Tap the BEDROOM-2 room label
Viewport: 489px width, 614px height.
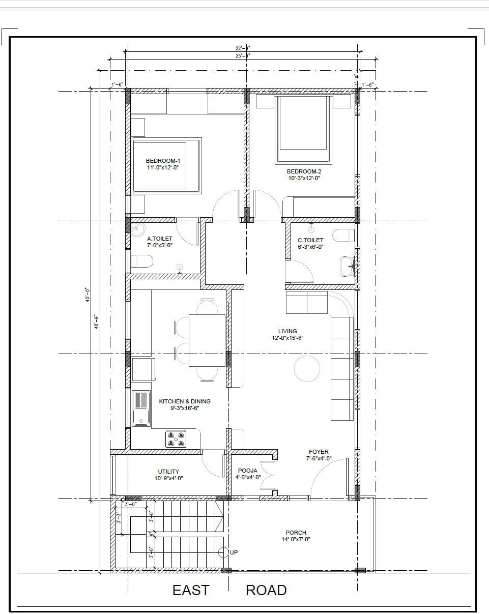pos(304,171)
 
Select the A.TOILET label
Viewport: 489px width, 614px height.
pos(160,239)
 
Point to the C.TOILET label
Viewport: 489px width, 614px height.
pos(310,240)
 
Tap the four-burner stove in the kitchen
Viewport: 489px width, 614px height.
pos(175,439)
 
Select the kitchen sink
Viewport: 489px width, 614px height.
pos(141,408)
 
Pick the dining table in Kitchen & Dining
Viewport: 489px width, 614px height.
pos(207,340)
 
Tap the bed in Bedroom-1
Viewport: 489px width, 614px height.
pos(167,165)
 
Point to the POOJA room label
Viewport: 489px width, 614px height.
pos(248,471)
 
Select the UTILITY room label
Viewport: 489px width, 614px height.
pos(168,472)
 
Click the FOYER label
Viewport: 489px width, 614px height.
pos(319,452)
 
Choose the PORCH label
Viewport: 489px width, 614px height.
pos(296,533)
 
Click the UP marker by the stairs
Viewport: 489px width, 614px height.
pos(234,552)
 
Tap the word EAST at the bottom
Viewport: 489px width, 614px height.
pos(191,590)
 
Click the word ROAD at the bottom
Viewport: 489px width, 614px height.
pos(266,590)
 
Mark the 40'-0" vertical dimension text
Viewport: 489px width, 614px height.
pos(87,294)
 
